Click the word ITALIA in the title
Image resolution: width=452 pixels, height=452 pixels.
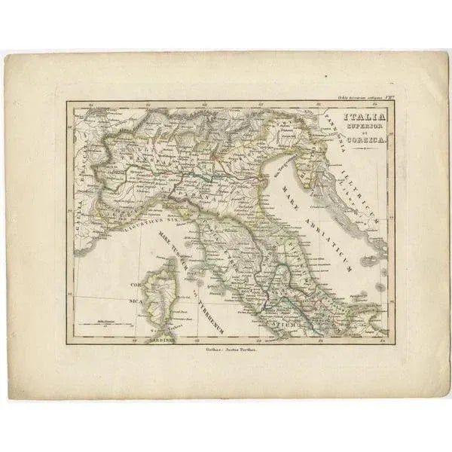365,118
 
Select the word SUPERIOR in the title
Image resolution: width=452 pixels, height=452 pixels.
365,129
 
